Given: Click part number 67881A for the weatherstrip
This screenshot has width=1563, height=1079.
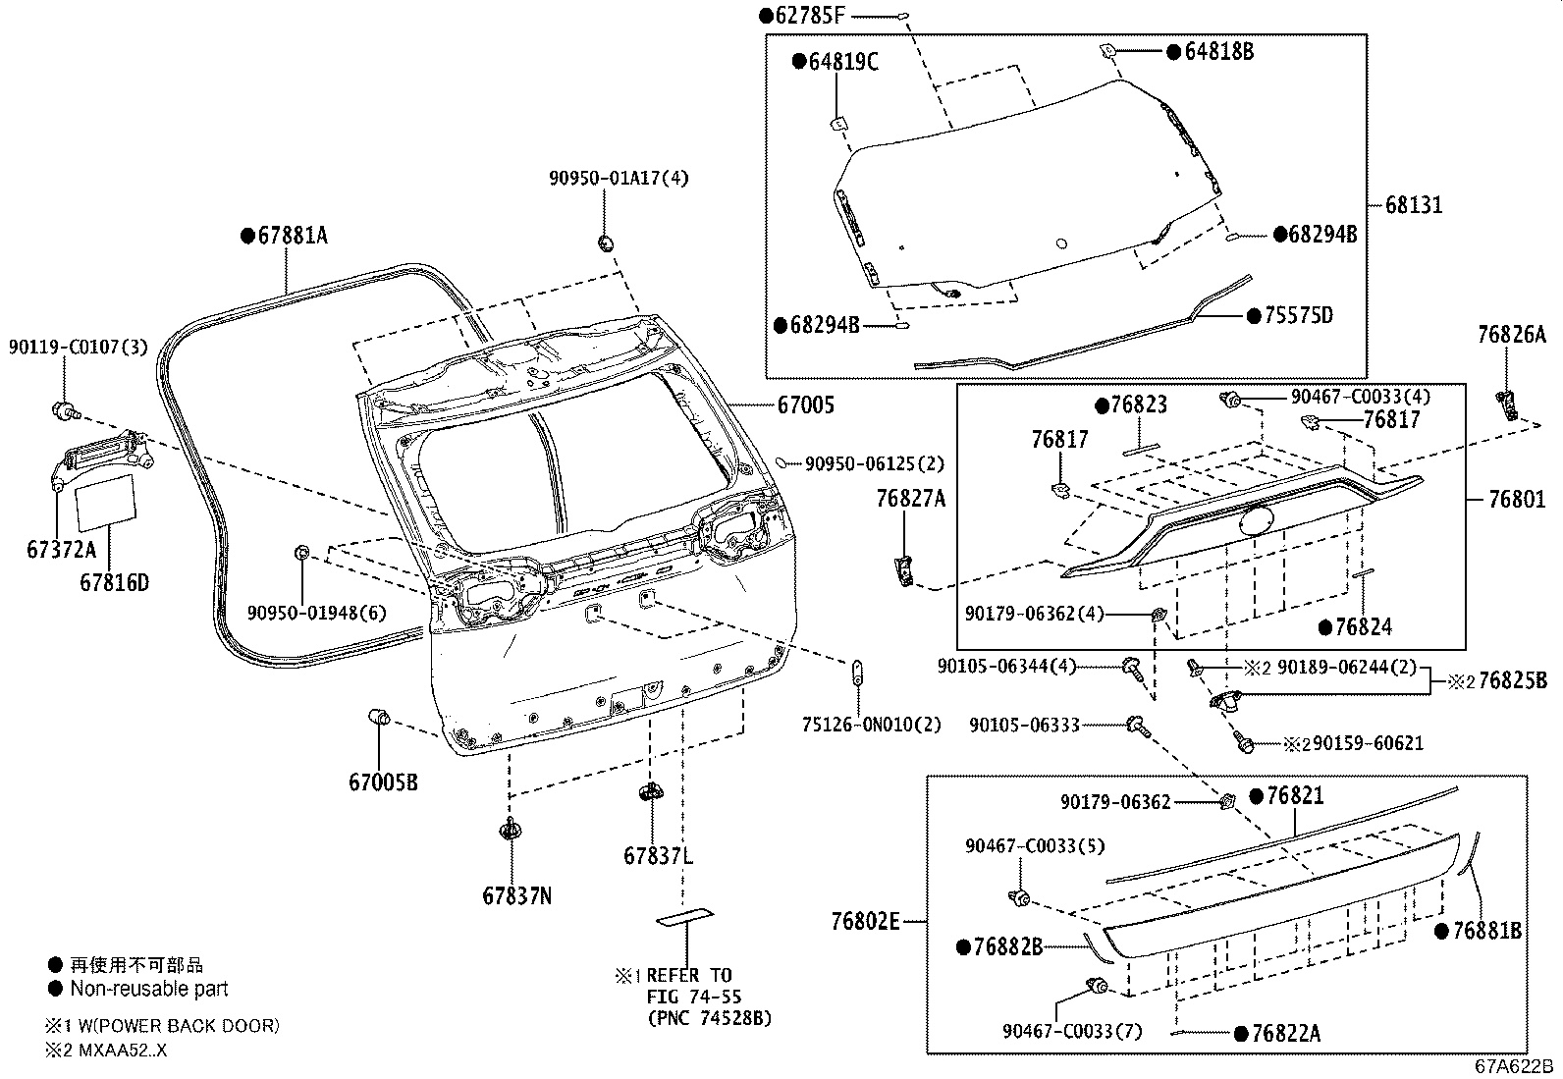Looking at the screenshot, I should click(x=292, y=236).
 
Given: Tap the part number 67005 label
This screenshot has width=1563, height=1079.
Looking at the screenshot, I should click(x=806, y=405).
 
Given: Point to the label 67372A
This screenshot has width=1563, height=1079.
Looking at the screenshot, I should click(x=62, y=550).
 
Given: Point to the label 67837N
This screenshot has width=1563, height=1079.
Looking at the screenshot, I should click(x=516, y=895).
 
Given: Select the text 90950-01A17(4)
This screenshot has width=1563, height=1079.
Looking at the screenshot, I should click(x=619, y=178).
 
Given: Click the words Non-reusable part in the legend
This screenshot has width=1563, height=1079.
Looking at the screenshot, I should click(x=148, y=989).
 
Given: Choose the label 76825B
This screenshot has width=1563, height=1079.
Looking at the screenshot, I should click(x=1512, y=680).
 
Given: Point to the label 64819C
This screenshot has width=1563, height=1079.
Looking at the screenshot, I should click(x=842, y=62).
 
